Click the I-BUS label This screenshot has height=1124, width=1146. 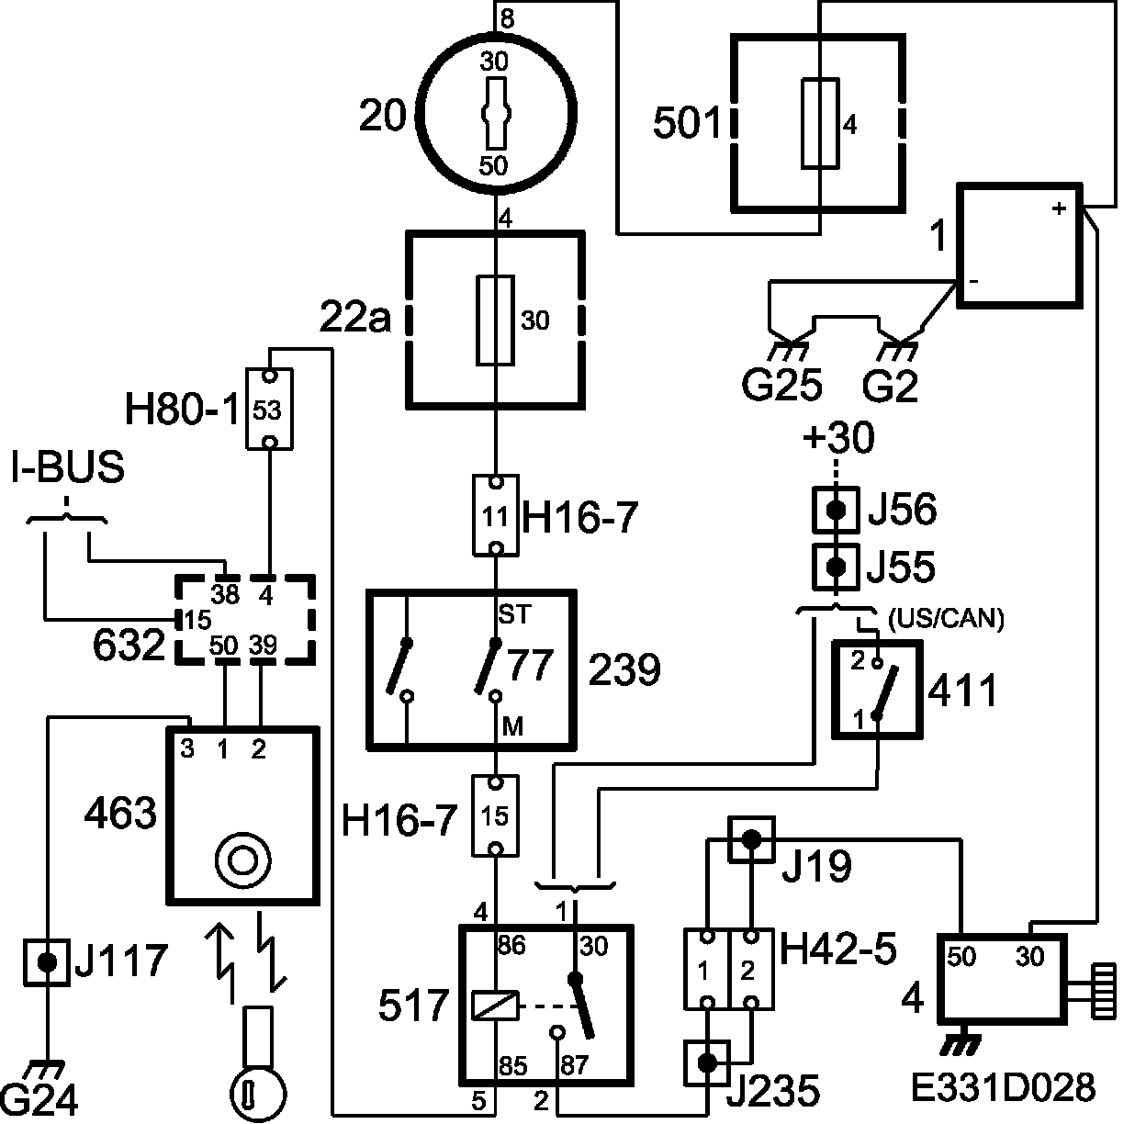68,467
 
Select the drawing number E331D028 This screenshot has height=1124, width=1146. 1003,1087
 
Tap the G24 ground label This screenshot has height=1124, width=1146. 39,1100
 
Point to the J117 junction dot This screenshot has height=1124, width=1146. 47,962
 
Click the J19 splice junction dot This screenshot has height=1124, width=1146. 752,839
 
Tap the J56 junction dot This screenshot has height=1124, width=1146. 837,510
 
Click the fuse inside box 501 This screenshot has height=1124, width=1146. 820,124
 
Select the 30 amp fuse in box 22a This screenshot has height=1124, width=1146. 495,320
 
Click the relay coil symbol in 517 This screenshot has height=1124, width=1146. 495,1006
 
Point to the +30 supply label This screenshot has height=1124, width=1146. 838,437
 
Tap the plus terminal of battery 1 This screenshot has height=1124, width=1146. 1059,208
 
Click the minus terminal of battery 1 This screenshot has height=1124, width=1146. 973,281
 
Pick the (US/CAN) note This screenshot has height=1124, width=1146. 946,619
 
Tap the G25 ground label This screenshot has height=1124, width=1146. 781,385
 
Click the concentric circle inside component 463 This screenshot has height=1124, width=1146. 242,860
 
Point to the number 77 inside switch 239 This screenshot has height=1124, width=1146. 531,665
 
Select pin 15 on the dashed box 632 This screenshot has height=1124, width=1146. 198,620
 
